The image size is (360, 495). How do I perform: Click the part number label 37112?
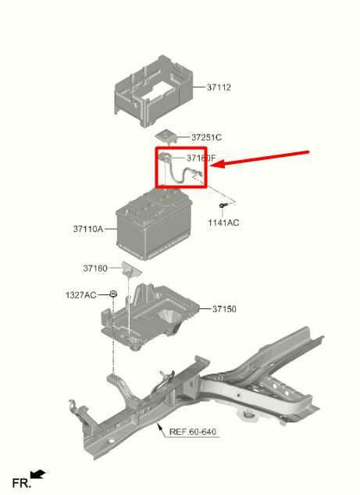click(219, 87)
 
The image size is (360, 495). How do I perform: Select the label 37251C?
click(206, 137)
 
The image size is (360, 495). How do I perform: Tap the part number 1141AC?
click(223, 223)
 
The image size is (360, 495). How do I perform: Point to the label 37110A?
click(88, 230)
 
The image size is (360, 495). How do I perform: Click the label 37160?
click(95, 269)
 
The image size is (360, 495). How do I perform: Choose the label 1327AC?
click(80, 294)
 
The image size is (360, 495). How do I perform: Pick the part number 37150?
click(224, 309)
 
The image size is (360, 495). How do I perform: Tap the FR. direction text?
click(20, 483)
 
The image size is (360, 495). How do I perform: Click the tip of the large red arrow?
click(213, 166)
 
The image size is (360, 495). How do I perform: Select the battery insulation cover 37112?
click(151, 90)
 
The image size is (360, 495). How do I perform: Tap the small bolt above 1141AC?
click(224, 205)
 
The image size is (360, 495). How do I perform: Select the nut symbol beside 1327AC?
click(113, 294)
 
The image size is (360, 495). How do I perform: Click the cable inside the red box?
click(179, 172)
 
